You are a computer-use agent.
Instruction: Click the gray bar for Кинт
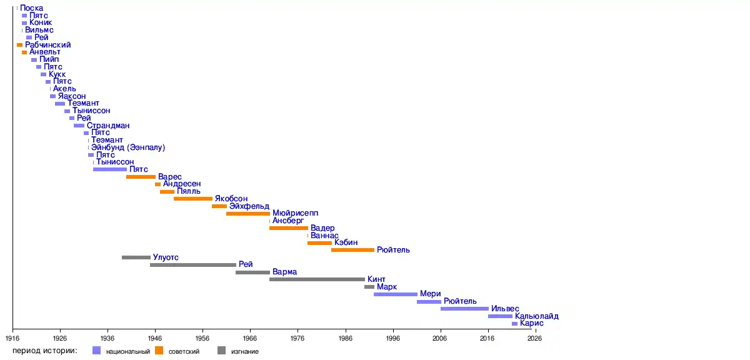pyautogui.click(x=317, y=279)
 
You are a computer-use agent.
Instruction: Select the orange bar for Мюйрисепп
pyautogui.click(x=248, y=214)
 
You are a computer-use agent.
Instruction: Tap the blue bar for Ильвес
pyautogui.click(x=464, y=309)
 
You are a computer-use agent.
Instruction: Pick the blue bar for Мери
pyautogui.click(x=396, y=294)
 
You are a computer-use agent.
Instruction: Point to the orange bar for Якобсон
pyautogui.click(x=193, y=199)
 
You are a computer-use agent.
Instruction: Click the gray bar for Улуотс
pyautogui.click(x=136, y=257)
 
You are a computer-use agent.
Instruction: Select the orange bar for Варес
pyautogui.click(x=141, y=177)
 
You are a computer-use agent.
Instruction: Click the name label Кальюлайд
pyautogui.click(x=537, y=316)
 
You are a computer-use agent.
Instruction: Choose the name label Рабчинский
pyautogui.click(x=48, y=45)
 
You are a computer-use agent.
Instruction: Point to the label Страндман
pyautogui.click(x=108, y=126)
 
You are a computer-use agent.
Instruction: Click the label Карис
pyautogui.click(x=532, y=324)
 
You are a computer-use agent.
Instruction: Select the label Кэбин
pyautogui.click(x=346, y=242)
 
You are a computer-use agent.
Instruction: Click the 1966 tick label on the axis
pyautogui.click(x=250, y=337)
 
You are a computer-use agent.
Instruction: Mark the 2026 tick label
pyautogui.click(x=535, y=337)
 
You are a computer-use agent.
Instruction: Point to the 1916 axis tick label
pyautogui.click(x=12, y=337)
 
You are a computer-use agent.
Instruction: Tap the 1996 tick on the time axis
pyautogui.click(x=392, y=337)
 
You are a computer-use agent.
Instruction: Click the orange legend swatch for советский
pyautogui.click(x=159, y=351)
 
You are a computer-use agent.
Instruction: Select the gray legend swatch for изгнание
pyautogui.click(x=221, y=351)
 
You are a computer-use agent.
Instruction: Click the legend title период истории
pyautogui.click(x=44, y=351)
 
